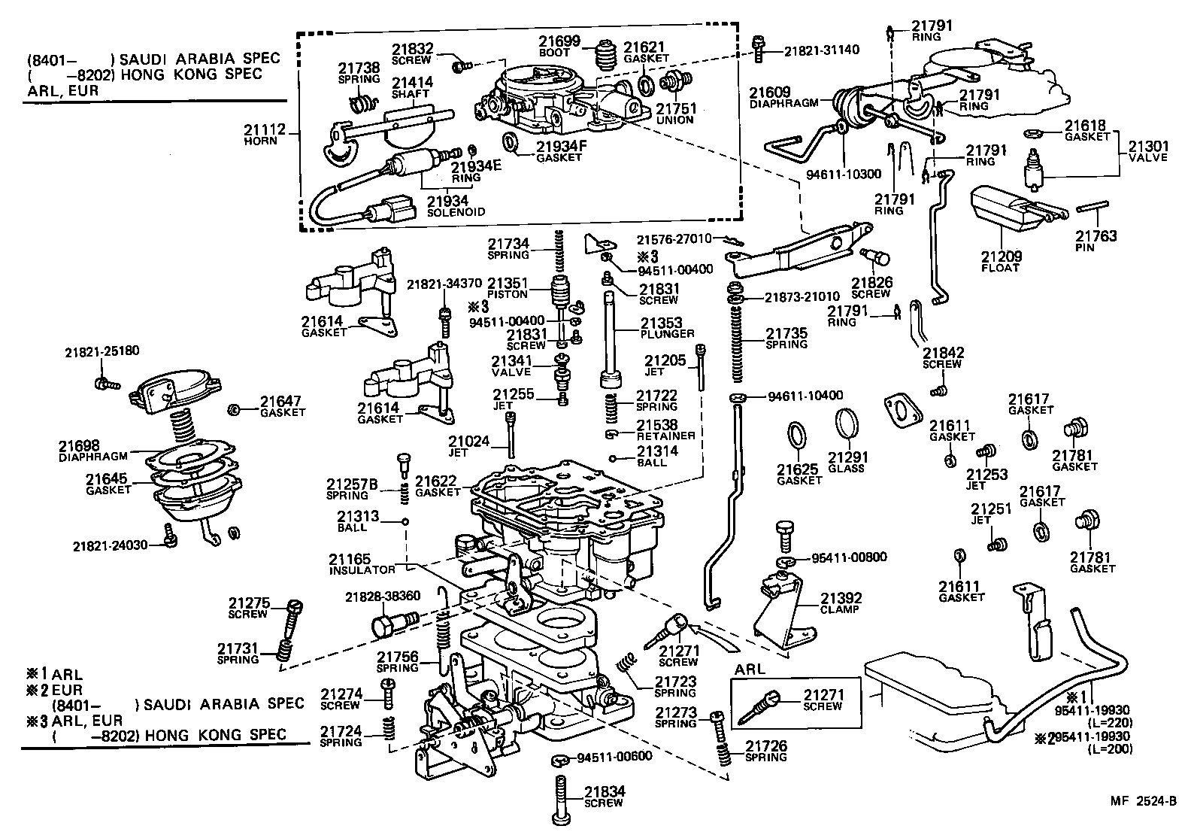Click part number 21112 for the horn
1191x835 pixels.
point(265,129)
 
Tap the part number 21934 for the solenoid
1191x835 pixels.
point(447,201)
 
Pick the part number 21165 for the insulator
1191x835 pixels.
point(350,559)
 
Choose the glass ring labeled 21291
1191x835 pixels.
point(847,424)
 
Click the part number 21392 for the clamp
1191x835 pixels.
point(841,598)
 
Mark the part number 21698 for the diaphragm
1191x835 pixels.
point(80,445)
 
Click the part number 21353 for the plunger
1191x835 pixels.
point(661,323)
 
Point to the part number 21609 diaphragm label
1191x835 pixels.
point(769,93)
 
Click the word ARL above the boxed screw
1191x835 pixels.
point(749,670)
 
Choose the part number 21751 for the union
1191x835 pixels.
point(674,108)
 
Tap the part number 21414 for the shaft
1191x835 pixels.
point(411,83)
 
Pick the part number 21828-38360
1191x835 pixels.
point(383,596)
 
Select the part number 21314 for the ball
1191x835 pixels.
point(657,451)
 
